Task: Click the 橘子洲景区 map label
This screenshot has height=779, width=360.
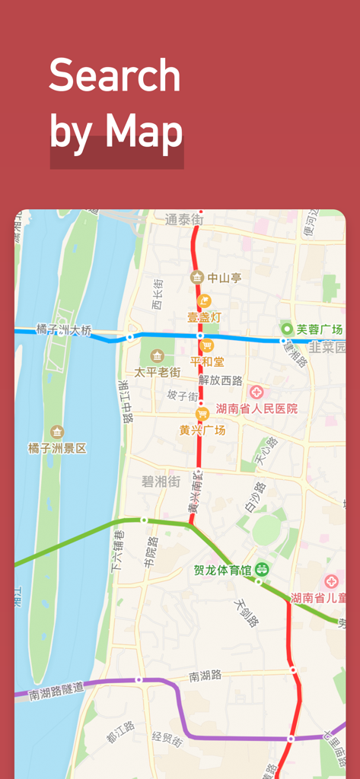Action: point(57,448)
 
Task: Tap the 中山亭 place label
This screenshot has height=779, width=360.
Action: point(225,278)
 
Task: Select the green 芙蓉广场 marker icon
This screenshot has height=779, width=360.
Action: point(287,329)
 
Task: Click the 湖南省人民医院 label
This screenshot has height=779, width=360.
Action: point(256,409)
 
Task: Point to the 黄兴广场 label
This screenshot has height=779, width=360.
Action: point(202,430)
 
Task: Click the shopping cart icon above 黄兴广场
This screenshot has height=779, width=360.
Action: point(202,414)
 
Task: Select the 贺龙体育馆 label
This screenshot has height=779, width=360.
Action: point(224,569)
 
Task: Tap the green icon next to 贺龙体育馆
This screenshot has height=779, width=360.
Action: point(262,568)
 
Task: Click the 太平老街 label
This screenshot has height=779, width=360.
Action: point(157,372)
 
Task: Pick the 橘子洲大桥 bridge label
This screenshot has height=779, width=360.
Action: point(64,330)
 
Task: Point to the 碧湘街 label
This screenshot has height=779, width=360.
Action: point(161,482)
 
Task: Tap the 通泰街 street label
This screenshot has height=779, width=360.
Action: point(184,220)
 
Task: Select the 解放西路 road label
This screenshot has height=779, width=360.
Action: point(220,380)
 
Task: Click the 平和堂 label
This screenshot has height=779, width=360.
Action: point(207,361)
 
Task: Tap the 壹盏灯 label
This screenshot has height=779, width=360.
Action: point(204,316)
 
